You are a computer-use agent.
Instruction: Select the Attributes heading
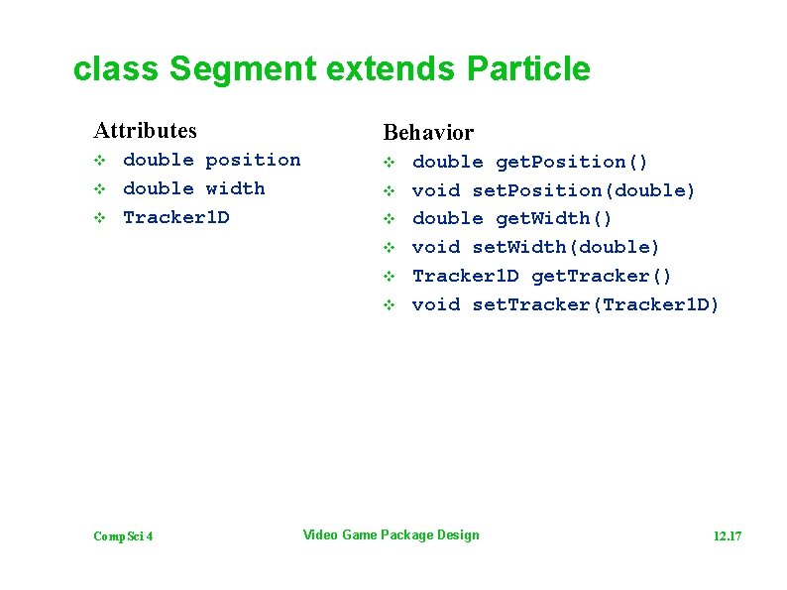tap(145, 130)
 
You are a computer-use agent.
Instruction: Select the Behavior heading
tap(428, 132)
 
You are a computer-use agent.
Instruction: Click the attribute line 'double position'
tap(211, 160)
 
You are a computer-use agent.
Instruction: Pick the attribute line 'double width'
tap(193, 188)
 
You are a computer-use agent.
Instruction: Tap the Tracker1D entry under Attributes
tap(175, 217)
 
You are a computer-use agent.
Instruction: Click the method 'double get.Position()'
tap(530, 162)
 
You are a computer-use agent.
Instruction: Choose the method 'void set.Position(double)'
tap(553, 190)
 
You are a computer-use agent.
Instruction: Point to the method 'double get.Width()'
tap(512, 218)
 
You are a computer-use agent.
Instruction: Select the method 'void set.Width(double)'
tap(535, 247)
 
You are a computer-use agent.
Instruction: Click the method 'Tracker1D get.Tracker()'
tap(541, 276)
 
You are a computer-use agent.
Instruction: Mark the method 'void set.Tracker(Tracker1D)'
tap(565, 304)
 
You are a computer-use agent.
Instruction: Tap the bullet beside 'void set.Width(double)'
tap(390, 247)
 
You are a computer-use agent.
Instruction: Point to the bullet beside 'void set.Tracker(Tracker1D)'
tap(390, 304)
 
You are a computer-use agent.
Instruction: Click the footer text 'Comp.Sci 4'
tap(123, 536)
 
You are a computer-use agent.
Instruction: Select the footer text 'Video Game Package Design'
tap(391, 535)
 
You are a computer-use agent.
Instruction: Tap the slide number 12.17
tap(727, 536)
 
